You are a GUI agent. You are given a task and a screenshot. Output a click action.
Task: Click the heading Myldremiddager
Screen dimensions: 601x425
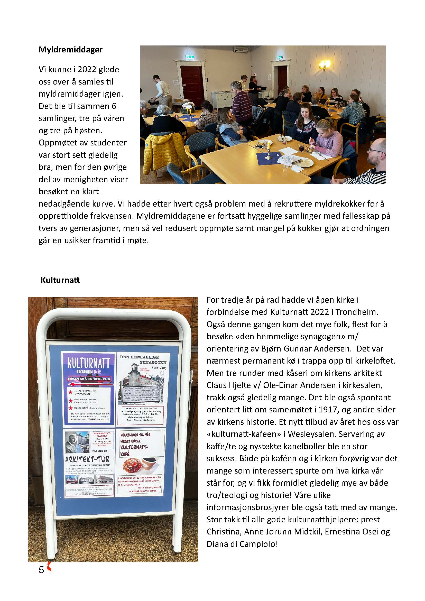(70, 50)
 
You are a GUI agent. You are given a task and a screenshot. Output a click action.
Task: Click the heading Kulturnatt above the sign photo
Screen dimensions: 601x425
(60, 280)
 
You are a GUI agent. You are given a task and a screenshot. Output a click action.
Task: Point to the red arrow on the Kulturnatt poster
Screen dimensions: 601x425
(90, 384)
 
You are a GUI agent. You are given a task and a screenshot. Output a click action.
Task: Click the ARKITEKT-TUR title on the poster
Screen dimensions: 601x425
(87, 459)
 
